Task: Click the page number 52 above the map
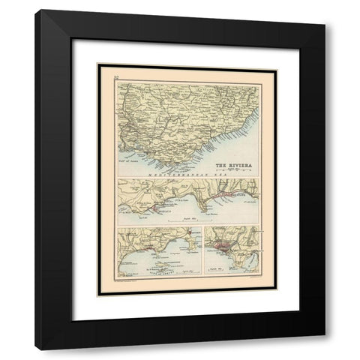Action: pos(115,77)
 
